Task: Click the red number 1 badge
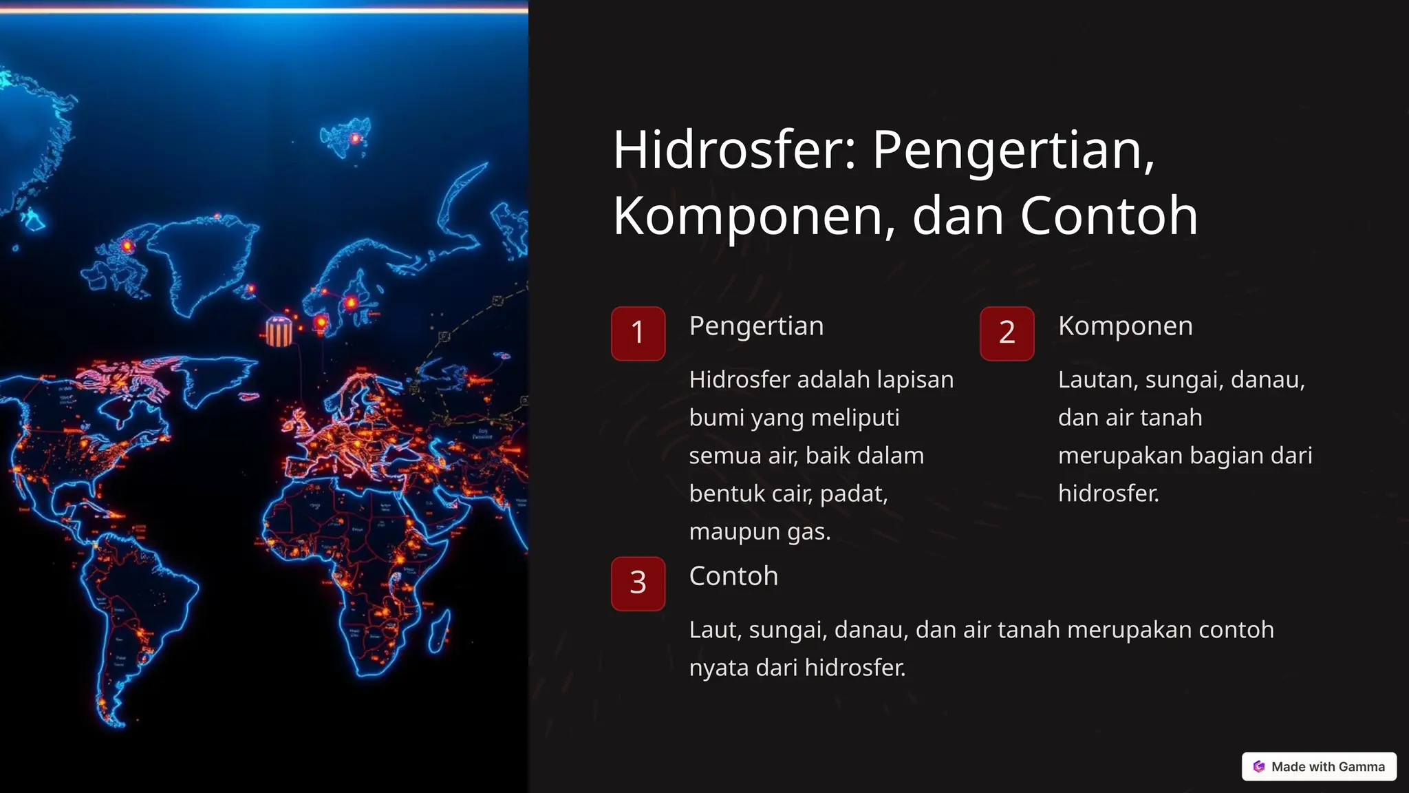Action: click(x=638, y=333)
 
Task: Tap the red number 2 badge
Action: click(x=1007, y=333)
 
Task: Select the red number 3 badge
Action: click(x=638, y=583)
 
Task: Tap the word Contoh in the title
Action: click(x=1108, y=215)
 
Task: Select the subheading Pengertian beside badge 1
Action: click(x=756, y=326)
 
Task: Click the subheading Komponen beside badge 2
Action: click(x=1126, y=326)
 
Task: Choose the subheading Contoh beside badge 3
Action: click(x=733, y=575)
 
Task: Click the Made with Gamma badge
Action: click(x=1319, y=766)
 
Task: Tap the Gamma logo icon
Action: click(x=1259, y=766)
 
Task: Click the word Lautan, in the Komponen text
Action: click(x=1097, y=380)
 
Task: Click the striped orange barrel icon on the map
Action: click(x=279, y=331)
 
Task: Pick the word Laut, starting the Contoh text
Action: click(x=715, y=630)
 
